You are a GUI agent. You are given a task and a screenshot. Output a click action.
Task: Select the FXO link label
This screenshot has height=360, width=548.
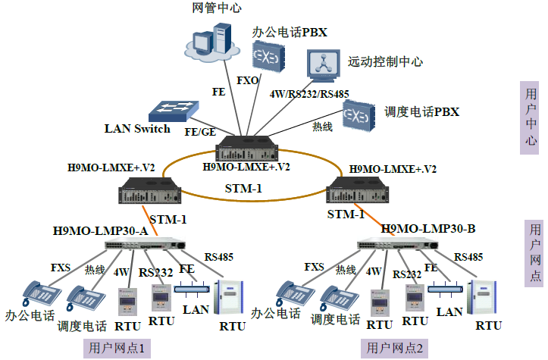[249, 80]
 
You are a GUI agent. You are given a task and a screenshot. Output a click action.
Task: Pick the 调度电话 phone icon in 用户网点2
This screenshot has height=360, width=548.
[335, 296]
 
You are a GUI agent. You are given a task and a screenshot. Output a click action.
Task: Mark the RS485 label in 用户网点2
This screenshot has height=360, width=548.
[468, 257]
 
